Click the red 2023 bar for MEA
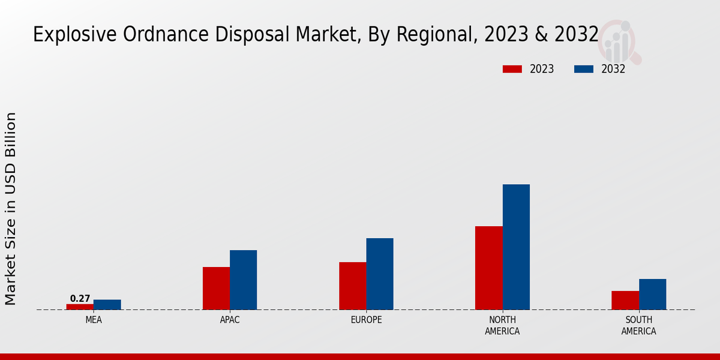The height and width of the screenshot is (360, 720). click(80, 307)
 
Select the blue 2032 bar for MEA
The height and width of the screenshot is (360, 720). click(107, 305)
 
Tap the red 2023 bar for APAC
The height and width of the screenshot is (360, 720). click(216, 288)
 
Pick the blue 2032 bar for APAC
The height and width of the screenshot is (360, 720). click(244, 280)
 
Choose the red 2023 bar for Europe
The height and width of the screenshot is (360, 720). click(353, 286)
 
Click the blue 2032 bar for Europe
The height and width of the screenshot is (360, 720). click(380, 274)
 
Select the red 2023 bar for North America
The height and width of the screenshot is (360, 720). click(489, 268)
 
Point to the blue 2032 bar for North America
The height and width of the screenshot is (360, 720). click(516, 247)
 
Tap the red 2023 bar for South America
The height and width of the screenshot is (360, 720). click(625, 300)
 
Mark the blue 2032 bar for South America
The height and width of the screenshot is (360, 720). click(653, 294)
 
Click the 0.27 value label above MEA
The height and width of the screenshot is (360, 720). click(80, 298)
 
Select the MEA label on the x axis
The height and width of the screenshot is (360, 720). click(94, 320)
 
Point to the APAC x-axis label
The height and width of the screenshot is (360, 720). click(230, 320)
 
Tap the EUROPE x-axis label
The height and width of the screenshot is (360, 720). click(366, 320)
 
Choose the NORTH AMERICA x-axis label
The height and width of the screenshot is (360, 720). click(503, 325)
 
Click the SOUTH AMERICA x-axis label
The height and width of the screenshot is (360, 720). click(638, 325)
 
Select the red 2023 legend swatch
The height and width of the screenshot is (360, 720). click(512, 69)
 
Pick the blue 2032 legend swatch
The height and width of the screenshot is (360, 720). click(584, 69)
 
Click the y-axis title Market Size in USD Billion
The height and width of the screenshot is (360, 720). click(11, 208)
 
